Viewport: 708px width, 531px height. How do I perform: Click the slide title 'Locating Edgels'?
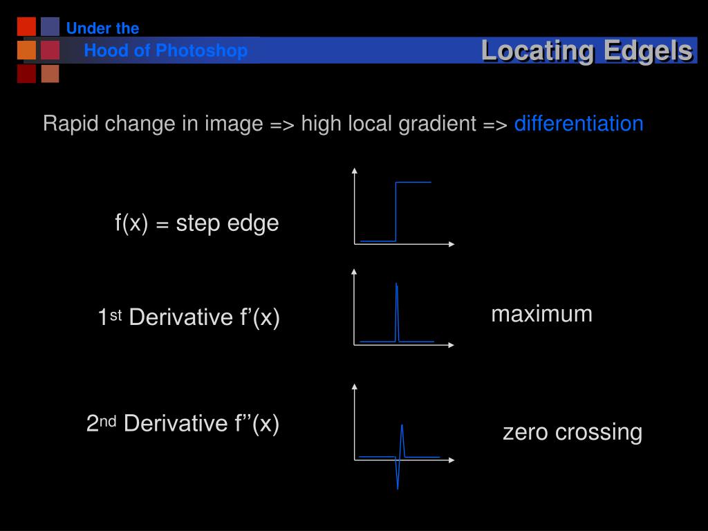click(x=586, y=50)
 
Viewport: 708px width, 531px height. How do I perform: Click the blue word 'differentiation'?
click(x=579, y=124)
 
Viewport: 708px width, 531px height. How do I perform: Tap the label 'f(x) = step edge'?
click(x=197, y=223)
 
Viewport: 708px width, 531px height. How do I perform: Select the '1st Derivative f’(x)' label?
click(x=189, y=317)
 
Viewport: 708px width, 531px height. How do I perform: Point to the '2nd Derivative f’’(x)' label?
click(x=183, y=423)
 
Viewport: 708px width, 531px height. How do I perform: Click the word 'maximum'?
click(x=541, y=314)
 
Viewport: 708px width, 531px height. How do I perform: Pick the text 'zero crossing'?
click(x=572, y=432)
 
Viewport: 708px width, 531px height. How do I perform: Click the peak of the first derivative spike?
click(x=396, y=284)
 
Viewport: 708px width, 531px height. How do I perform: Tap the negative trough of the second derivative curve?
click(x=398, y=487)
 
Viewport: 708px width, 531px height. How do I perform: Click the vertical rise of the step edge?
click(x=395, y=211)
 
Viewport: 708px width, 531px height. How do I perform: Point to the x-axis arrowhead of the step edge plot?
click(x=452, y=244)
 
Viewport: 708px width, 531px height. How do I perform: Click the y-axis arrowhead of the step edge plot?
click(x=355, y=170)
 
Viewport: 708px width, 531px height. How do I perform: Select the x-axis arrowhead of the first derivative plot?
click(x=452, y=344)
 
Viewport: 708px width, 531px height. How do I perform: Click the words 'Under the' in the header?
click(x=102, y=28)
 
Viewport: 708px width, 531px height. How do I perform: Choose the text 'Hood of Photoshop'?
click(x=165, y=50)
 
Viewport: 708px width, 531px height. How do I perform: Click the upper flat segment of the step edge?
click(x=413, y=182)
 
